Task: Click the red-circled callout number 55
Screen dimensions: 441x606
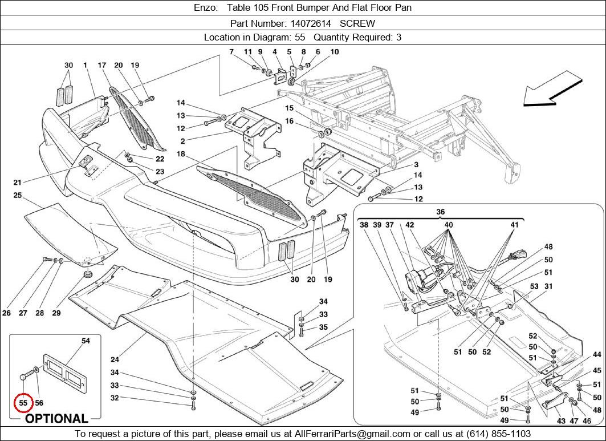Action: [x=23, y=402]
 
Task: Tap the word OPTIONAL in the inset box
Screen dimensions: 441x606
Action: [x=56, y=419]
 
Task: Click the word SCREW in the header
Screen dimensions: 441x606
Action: [x=357, y=23]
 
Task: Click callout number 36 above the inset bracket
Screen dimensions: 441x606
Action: [x=441, y=212]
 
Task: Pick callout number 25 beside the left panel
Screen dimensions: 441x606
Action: [x=17, y=196]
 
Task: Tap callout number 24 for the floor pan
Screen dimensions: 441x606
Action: [x=115, y=359]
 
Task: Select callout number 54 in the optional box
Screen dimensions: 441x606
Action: [x=86, y=341]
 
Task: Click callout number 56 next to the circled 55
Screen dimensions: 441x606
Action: [x=39, y=402]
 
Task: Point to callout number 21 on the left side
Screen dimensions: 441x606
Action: [x=17, y=183]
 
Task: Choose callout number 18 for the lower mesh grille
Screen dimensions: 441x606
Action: [x=181, y=154]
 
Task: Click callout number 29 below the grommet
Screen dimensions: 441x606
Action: [x=56, y=313]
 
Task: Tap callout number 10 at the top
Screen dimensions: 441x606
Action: [x=334, y=52]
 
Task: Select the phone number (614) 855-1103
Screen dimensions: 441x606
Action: [x=500, y=434]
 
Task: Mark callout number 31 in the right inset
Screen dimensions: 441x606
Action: [x=549, y=286]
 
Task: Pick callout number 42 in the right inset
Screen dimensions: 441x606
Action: [x=409, y=225]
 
